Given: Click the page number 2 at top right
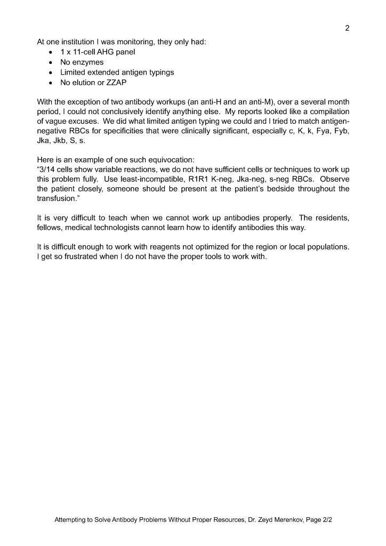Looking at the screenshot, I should pyautogui.click(x=347, y=28).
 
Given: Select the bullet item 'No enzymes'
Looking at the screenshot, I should pyautogui.click(x=82, y=62).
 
